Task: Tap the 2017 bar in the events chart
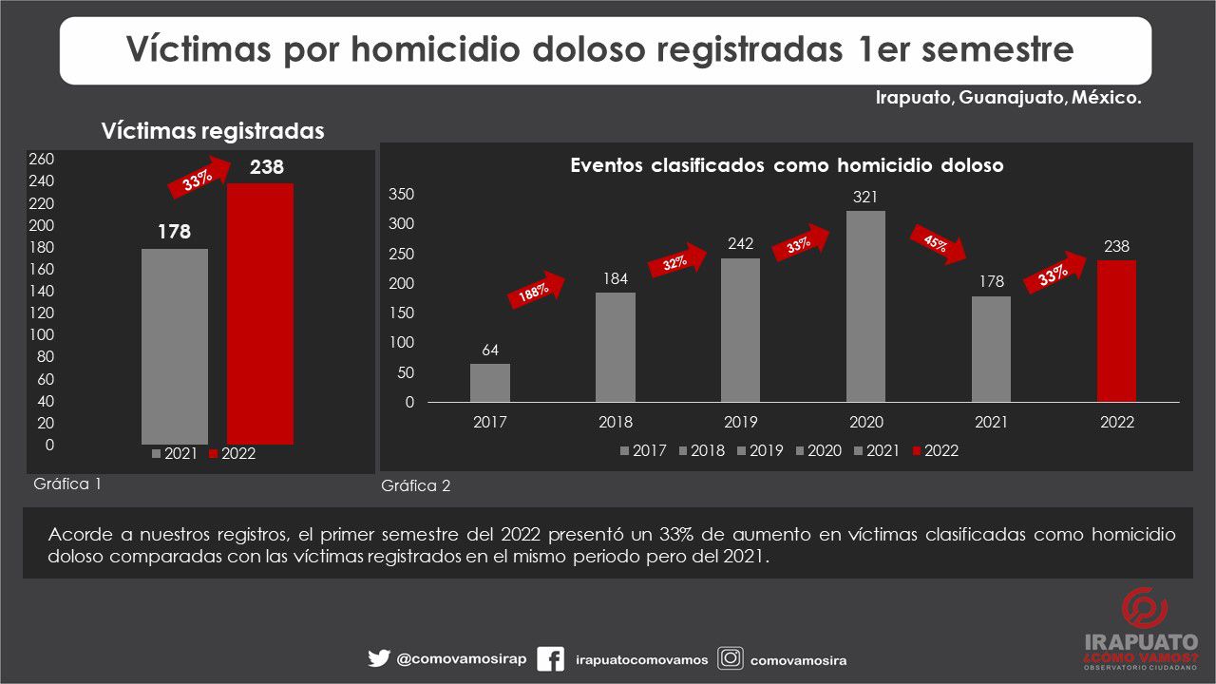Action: click(490, 383)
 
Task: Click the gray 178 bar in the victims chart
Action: click(175, 346)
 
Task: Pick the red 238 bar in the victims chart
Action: click(259, 313)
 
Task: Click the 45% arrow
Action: click(939, 245)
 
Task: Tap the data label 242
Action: click(740, 243)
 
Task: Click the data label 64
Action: click(490, 350)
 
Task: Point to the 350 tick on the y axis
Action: click(403, 195)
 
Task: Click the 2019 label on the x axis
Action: click(740, 423)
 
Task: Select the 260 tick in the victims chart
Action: click(43, 159)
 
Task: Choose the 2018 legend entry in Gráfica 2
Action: click(702, 451)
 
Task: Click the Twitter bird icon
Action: click(379, 658)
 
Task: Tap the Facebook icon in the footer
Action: click(551, 659)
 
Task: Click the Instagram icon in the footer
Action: click(731, 658)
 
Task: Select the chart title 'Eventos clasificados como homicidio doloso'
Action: click(787, 165)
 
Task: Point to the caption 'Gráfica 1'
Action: click(67, 483)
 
